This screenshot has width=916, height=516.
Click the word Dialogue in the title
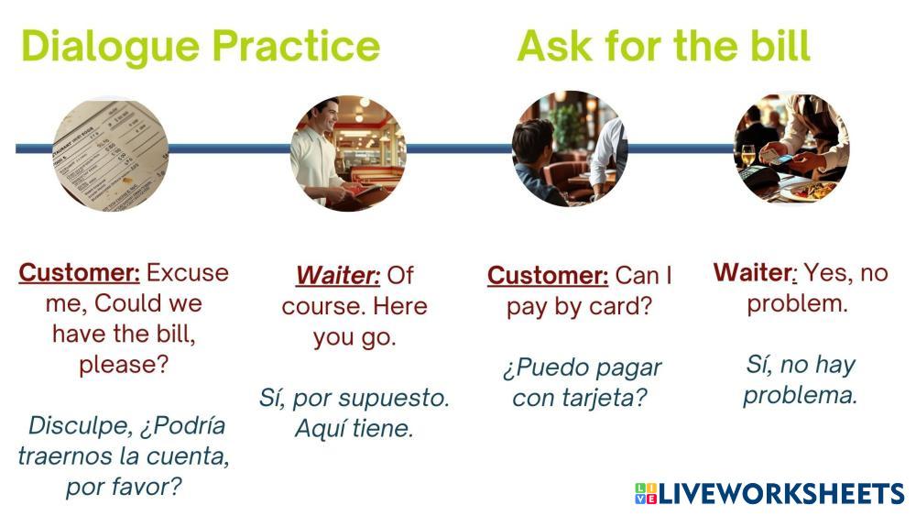(x=111, y=48)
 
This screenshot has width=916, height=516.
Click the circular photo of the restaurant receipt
(x=110, y=153)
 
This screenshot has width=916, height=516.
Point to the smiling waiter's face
(x=328, y=115)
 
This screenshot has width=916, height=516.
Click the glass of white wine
(x=748, y=157)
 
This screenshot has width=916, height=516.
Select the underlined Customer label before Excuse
(x=80, y=273)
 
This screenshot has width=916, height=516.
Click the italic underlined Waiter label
(x=338, y=275)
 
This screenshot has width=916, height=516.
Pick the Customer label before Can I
(x=548, y=275)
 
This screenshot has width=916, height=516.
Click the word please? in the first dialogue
(x=124, y=365)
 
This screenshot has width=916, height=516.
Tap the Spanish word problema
(x=801, y=396)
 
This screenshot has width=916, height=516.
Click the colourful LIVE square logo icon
(x=646, y=493)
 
